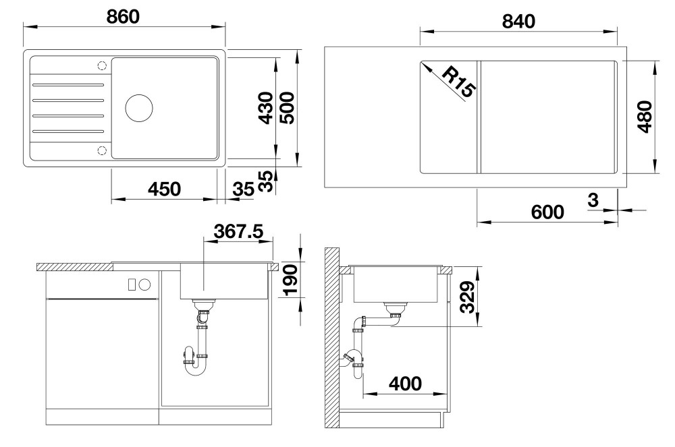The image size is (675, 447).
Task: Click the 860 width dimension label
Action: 123,17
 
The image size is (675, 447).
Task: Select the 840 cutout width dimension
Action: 518,22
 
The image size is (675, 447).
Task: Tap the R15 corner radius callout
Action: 458,82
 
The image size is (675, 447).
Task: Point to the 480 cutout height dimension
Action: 645,117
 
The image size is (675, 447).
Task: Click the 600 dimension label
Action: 547,212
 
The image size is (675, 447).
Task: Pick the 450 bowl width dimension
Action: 165,189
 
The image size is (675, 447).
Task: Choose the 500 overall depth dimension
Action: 287,109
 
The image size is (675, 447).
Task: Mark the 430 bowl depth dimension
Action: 265,109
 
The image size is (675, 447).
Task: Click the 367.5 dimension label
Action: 238,231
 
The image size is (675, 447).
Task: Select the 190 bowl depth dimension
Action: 290,280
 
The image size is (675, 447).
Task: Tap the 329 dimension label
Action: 467,297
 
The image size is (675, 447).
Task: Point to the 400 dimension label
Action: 405,384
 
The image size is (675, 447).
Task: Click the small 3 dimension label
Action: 593,200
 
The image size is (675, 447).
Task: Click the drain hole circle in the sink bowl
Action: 139,107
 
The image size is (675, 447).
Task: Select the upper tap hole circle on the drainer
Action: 102,66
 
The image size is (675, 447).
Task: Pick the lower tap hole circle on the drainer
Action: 102,150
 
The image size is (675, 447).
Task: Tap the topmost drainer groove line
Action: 68,85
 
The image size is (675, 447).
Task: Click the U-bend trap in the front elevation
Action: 195,361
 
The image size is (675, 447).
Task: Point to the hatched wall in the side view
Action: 332,338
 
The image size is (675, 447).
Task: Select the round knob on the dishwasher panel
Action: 144,284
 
